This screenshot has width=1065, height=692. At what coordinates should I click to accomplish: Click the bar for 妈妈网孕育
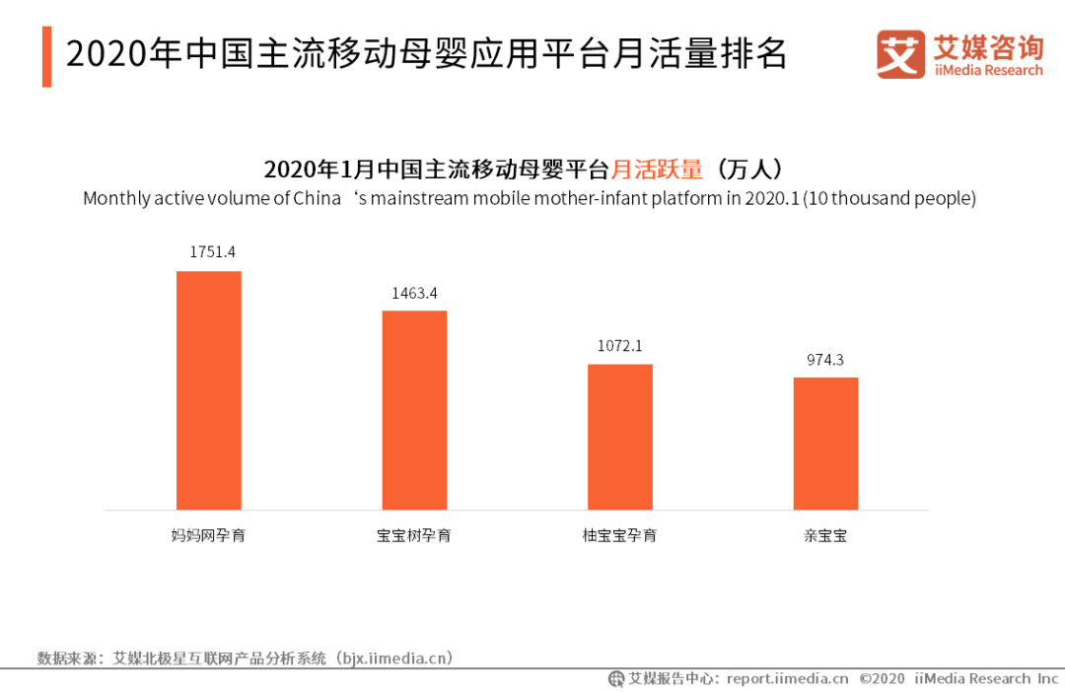pyautogui.click(x=208, y=390)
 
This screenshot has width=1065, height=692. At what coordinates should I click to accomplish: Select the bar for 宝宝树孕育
pyautogui.click(x=414, y=410)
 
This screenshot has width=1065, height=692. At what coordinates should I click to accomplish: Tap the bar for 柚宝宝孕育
pyautogui.click(x=620, y=437)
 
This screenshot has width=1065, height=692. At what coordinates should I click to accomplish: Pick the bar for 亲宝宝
pyautogui.click(x=825, y=444)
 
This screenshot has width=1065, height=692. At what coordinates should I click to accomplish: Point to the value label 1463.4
pyautogui.click(x=414, y=293)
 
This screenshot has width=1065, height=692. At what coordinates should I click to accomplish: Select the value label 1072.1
pyautogui.click(x=619, y=346)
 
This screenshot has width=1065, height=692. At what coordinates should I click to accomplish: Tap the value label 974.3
pyautogui.click(x=825, y=360)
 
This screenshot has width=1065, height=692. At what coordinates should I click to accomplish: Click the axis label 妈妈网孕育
pyautogui.click(x=208, y=536)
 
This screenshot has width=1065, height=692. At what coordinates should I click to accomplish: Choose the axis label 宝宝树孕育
pyautogui.click(x=414, y=536)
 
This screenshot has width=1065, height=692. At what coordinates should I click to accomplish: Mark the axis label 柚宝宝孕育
pyautogui.click(x=619, y=536)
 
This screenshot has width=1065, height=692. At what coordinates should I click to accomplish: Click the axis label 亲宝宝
pyautogui.click(x=825, y=536)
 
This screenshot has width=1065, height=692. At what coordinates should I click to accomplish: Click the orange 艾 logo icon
pyautogui.click(x=900, y=54)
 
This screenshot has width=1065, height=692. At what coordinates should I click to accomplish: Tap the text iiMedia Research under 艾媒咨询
pyautogui.click(x=988, y=71)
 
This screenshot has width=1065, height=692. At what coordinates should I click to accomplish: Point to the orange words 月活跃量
pyautogui.click(x=658, y=169)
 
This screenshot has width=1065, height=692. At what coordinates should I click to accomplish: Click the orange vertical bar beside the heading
pyautogui.click(x=46, y=56)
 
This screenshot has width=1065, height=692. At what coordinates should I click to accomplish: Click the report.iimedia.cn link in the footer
pyautogui.click(x=787, y=678)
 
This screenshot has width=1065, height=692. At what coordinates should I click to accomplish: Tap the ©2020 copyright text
pyautogui.click(x=882, y=678)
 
